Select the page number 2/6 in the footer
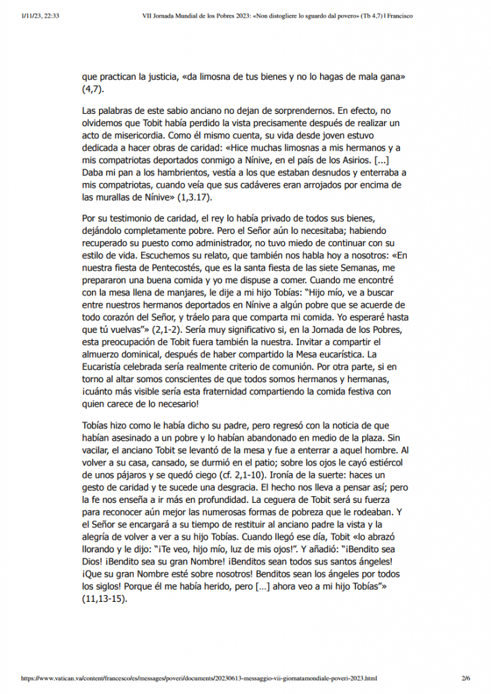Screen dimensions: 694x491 click(x=465, y=677)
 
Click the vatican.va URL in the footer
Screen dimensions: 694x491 click(x=199, y=677)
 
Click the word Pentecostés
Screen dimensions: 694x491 click(x=174, y=267)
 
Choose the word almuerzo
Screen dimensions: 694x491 click(x=103, y=354)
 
